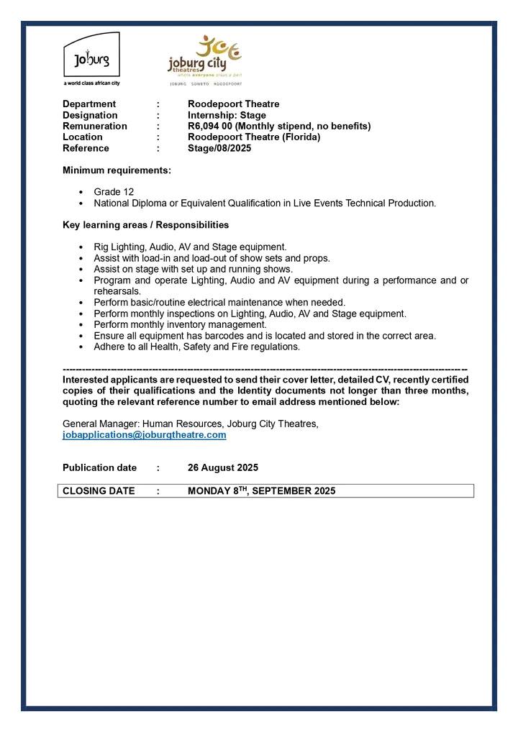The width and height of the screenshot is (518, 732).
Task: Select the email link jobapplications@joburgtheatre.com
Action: [x=144, y=435]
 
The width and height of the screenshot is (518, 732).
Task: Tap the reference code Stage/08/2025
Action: [x=219, y=148]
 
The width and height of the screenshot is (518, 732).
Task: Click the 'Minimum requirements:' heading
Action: [x=117, y=170]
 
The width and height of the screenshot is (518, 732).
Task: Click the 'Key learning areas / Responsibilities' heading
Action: [x=145, y=225]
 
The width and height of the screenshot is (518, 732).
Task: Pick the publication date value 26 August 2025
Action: [x=223, y=467]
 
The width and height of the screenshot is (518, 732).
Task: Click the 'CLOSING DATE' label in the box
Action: [x=99, y=491]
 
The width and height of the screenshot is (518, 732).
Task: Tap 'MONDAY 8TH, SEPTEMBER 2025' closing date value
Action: [x=261, y=491]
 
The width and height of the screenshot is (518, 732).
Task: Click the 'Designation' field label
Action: [x=90, y=115]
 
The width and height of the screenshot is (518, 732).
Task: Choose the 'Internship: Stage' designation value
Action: [x=227, y=115]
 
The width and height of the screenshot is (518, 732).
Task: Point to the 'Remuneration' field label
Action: [x=95, y=126]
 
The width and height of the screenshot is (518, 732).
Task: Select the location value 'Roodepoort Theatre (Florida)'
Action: [x=254, y=137]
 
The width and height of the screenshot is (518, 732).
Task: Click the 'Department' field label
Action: [x=89, y=104]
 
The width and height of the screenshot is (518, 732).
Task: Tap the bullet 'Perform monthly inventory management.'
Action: [x=180, y=324]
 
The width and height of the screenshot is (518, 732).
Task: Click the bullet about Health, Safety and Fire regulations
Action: [x=196, y=347]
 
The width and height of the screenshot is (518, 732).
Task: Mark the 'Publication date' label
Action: [x=99, y=467]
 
